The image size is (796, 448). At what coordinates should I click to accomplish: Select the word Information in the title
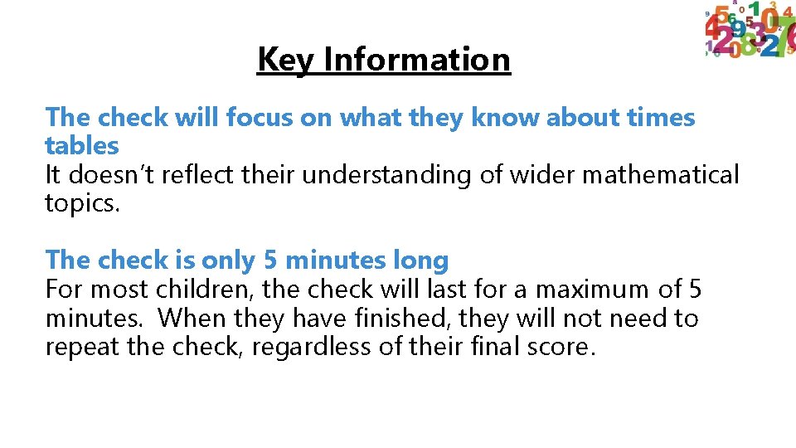point(417,60)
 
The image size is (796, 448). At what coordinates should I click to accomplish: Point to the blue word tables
point(82,146)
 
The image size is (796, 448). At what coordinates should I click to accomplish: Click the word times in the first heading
point(661,118)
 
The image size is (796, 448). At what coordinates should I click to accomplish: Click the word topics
point(83,204)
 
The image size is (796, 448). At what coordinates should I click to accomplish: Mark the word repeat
point(83,347)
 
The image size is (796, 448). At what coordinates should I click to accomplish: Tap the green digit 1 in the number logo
point(754,10)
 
